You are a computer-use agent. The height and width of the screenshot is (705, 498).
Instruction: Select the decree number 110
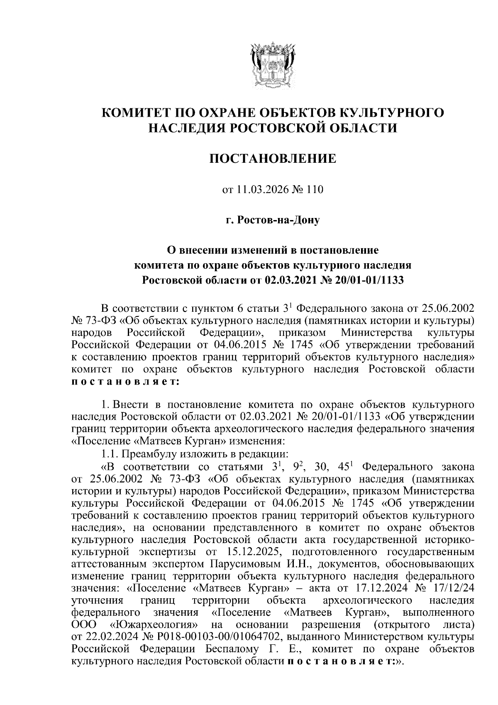314,190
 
